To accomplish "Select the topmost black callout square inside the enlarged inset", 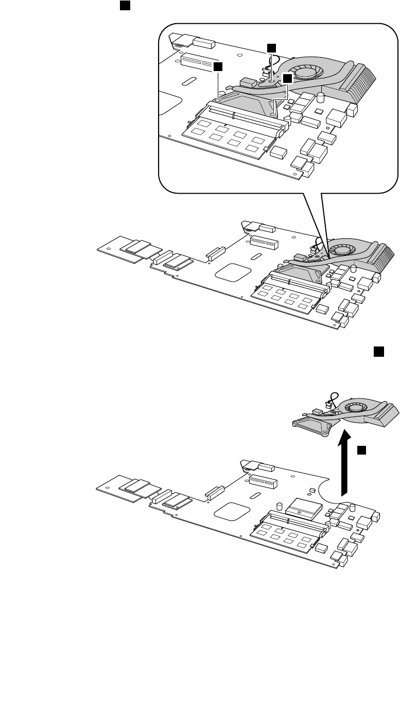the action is [x=271, y=47].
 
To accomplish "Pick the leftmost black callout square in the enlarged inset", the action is [x=218, y=66].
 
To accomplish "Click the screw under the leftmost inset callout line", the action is [x=218, y=101].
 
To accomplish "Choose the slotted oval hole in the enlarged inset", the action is [x=189, y=80].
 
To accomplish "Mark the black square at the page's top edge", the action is [x=124, y=5].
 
